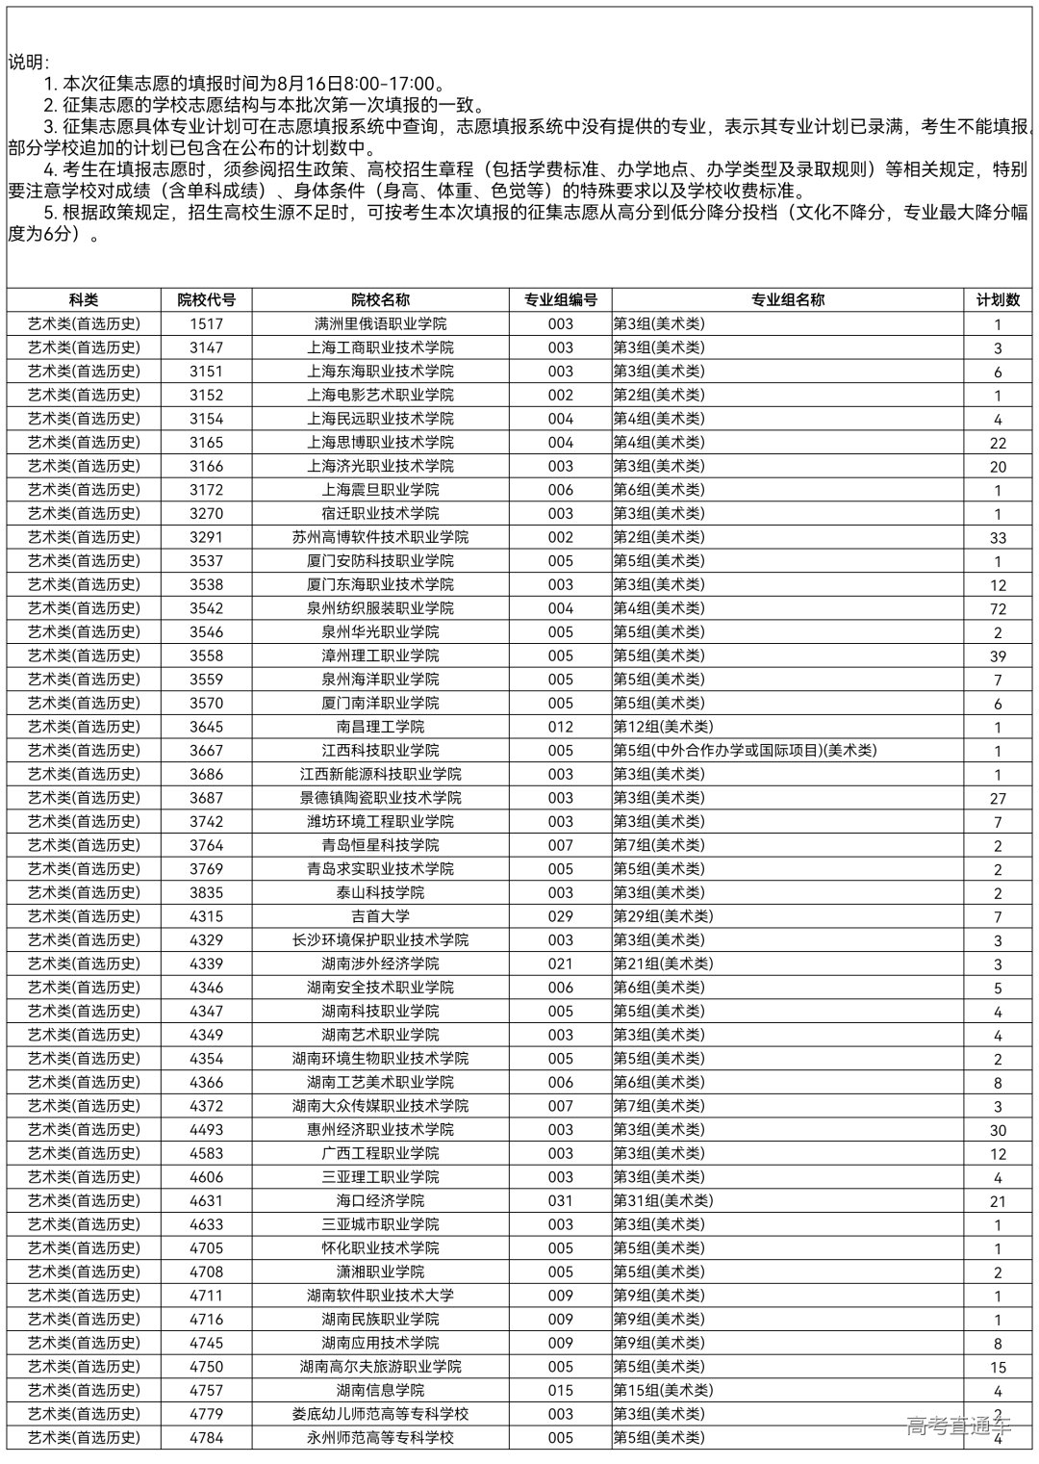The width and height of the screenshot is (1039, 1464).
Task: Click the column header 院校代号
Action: click(206, 300)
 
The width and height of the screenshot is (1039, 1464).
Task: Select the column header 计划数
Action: click(998, 300)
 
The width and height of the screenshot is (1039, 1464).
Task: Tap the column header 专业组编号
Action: click(560, 300)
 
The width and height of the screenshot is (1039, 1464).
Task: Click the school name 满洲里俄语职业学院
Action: click(380, 324)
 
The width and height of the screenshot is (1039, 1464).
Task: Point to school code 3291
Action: click(206, 537)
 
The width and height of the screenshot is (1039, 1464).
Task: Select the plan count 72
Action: click(998, 609)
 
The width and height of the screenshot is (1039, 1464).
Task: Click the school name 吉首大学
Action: click(380, 916)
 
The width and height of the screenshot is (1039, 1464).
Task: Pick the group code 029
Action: click(560, 916)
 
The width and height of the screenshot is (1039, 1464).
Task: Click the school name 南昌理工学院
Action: click(380, 727)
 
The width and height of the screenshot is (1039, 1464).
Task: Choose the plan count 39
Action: click(998, 656)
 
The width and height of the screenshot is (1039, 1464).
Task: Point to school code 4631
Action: click(206, 1200)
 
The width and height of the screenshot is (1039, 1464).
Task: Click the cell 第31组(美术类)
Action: click(663, 1200)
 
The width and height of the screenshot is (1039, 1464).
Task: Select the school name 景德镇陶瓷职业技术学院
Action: click(380, 798)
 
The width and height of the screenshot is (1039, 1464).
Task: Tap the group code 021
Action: click(560, 963)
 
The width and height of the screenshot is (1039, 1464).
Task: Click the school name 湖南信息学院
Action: click(380, 1390)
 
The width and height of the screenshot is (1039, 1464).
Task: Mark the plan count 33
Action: click(998, 538)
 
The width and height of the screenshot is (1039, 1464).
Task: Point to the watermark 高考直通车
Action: click(958, 1426)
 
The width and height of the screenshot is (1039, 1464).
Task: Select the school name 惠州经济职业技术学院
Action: click(380, 1130)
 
